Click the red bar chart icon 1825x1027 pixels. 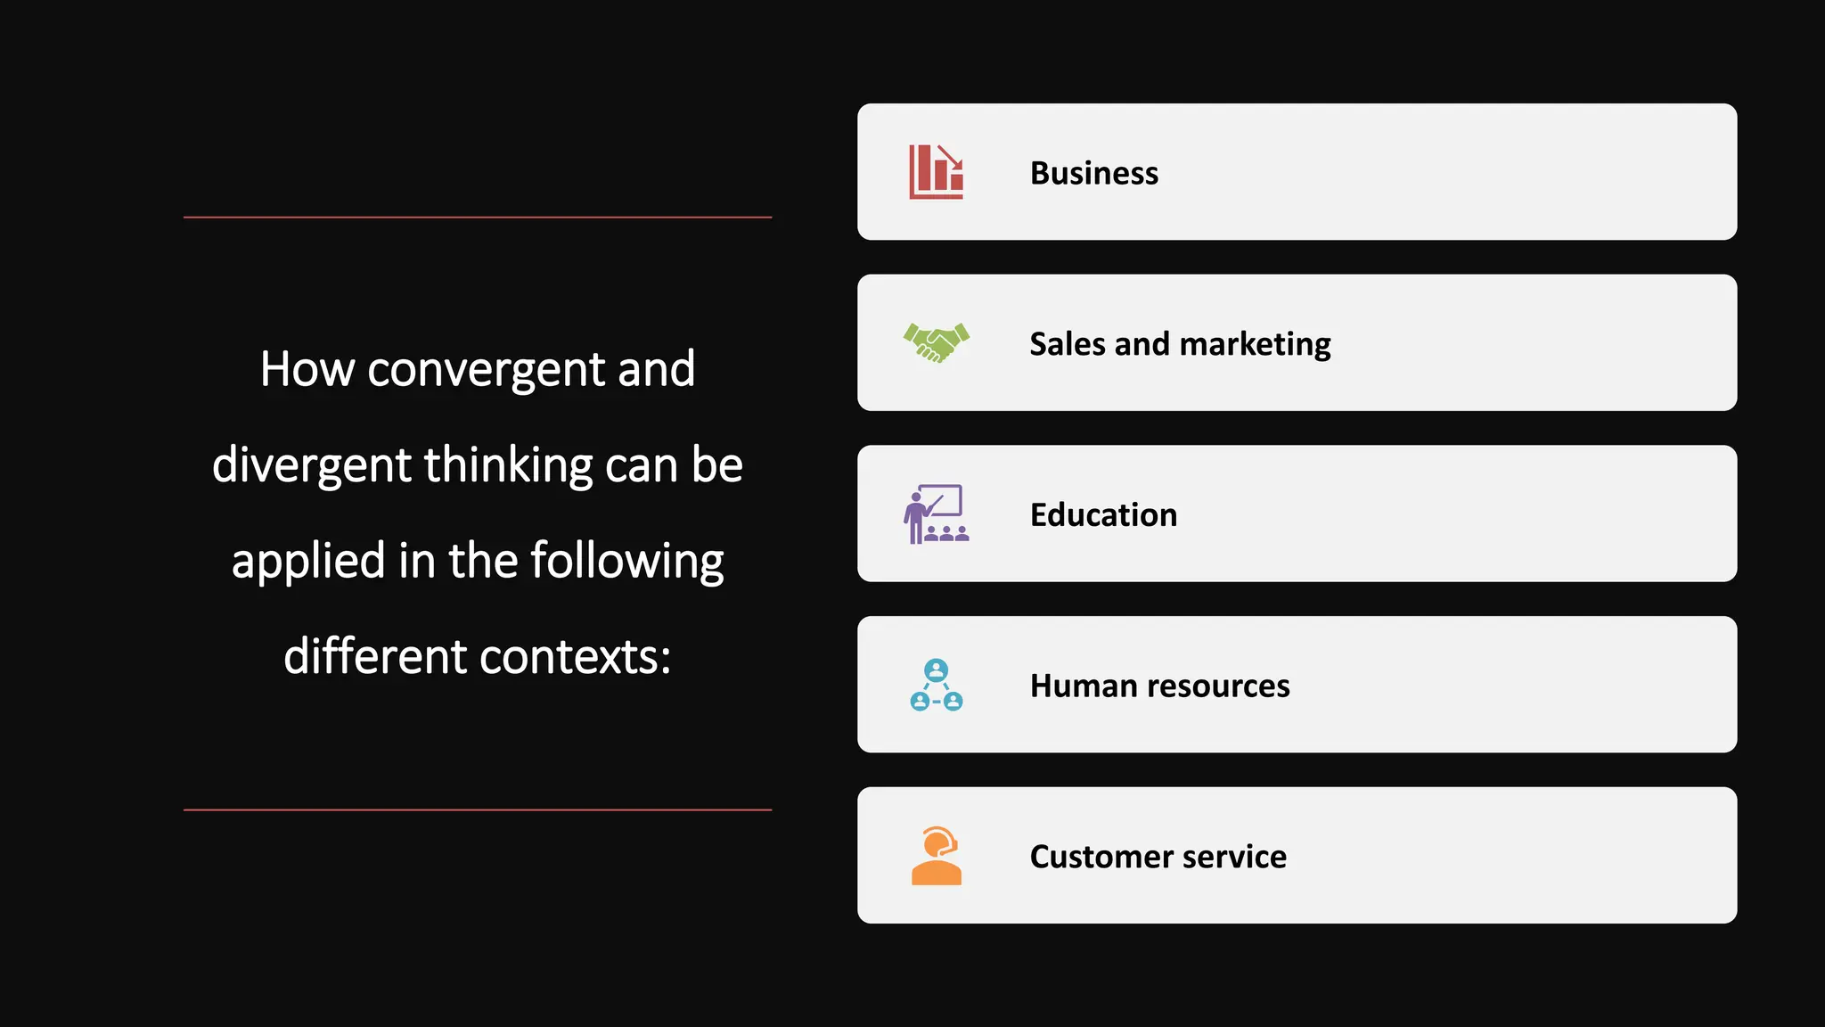pos(936,172)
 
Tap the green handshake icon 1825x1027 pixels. pos(936,343)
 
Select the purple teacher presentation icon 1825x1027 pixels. pos(936,514)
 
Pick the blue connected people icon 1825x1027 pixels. pos(936,686)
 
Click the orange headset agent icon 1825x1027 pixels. pos(936,856)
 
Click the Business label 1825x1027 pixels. pos(1093,173)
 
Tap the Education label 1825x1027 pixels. pos(1103,515)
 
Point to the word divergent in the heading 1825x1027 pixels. pos(311,465)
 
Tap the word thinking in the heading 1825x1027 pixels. pos(508,465)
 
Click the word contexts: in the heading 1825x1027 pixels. pos(575,657)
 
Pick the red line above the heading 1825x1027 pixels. pos(478,217)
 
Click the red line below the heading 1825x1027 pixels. pos(478,809)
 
